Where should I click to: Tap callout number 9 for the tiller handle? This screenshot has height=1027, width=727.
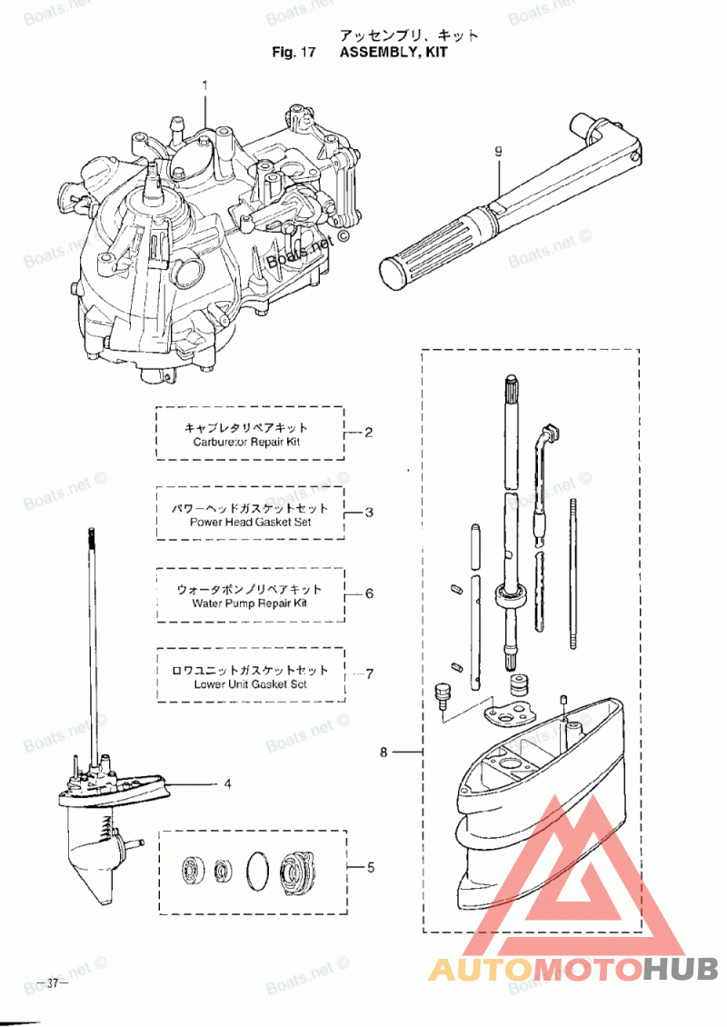click(499, 153)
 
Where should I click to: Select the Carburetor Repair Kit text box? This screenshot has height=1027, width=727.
click(250, 434)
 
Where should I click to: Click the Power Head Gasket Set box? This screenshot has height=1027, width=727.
click(250, 513)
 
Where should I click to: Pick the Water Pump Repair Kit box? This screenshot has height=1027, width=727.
click(250, 595)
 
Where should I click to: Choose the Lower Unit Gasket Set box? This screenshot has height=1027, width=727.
click(250, 675)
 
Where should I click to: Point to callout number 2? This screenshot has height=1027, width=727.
click(368, 433)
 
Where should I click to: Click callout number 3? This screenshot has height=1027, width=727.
click(369, 513)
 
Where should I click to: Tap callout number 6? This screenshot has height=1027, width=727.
click(369, 593)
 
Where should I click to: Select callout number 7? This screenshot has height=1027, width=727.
click(369, 673)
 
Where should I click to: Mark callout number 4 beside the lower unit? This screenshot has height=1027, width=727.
click(227, 782)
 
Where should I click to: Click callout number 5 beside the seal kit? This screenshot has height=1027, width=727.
click(370, 867)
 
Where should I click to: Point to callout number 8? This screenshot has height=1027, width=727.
click(384, 753)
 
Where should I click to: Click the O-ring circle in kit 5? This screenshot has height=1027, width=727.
click(258, 868)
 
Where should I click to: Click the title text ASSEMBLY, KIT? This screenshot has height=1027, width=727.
click(393, 53)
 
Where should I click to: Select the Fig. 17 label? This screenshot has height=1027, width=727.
click(293, 53)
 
